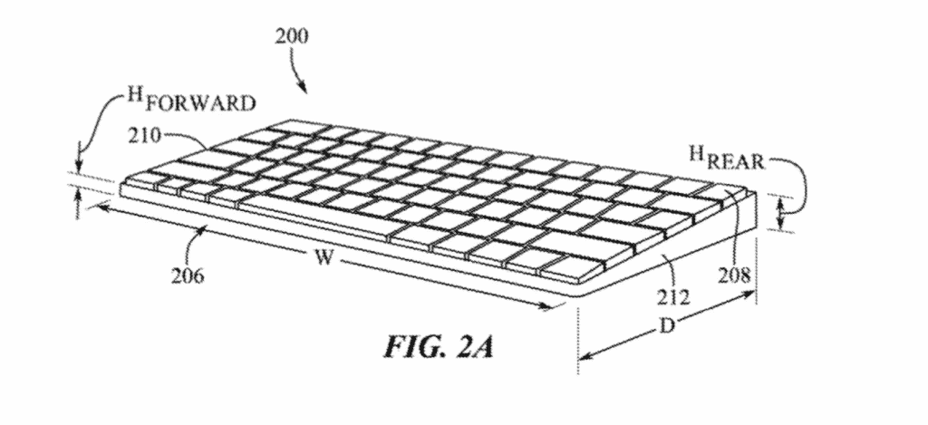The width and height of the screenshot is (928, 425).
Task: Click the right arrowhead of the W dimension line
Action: click(x=547, y=306)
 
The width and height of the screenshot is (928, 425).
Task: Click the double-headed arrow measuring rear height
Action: click(x=782, y=214)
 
